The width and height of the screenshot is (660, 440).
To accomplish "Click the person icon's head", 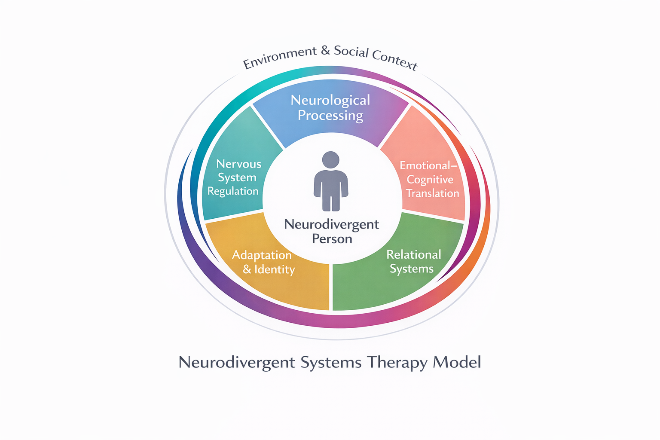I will [x=330, y=159].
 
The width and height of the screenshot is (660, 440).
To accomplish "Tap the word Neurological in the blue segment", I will [x=330, y=100].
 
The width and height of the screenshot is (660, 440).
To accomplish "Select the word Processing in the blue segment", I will [x=330, y=116].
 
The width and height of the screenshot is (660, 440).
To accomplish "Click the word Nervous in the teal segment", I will [x=238, y=164].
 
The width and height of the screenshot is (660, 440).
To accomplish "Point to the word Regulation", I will [x=233, y=191].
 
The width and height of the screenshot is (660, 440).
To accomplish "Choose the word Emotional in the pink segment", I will [x=425, y=165].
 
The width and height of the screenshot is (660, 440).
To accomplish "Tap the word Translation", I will [x=432, y=193].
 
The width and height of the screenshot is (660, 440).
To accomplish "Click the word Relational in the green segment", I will [x=413, y=254].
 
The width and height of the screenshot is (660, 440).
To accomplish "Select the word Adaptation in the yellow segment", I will [x=262, y=255].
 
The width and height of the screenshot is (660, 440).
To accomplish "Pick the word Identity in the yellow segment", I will [x=274, y=269].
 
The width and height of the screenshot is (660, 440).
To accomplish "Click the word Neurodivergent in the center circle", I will [x=331, y=224].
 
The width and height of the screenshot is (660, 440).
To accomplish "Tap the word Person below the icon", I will [x=332, y=239].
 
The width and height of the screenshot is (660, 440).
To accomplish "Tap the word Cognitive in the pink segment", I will [x=430, y=180].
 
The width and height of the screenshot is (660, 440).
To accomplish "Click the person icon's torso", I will [x=330, y=187].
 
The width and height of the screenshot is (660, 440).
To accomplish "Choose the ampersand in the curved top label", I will [x=325, y=51].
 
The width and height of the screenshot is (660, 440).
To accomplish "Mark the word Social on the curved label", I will [x=351, y=52].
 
